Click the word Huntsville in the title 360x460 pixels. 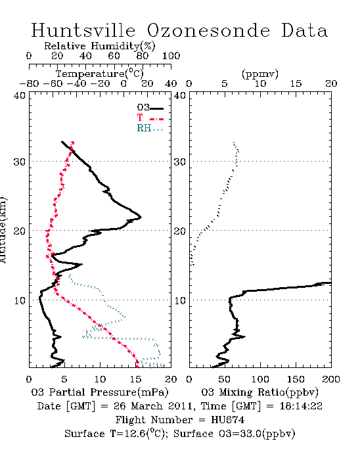(x=83, y=30)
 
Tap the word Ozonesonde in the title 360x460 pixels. (x=208, y=30)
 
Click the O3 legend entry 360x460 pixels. (x=150, y=108)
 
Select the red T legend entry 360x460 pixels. (x=150, y=118)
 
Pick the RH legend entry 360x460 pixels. (x=150, y=128)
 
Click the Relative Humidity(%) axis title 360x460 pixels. (x=100, y=46)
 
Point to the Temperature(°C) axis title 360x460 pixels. (x=100, y=74)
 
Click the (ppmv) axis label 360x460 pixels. (x=259, y=74)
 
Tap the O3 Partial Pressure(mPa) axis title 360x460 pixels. (x=100, y=392)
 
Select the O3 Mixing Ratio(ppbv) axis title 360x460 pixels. (x=259, y=392)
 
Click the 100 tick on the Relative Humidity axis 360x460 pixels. (x=171, y=56)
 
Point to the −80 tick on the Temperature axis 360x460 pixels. (x=29, y=84)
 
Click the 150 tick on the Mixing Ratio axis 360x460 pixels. (x=296, y=379)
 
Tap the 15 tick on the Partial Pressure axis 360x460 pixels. (x=135, y=379)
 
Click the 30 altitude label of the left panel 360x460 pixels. (x=19, y=162)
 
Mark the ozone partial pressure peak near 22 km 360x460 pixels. (x=141, y=218)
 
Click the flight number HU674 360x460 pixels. (x=227, y=420)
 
